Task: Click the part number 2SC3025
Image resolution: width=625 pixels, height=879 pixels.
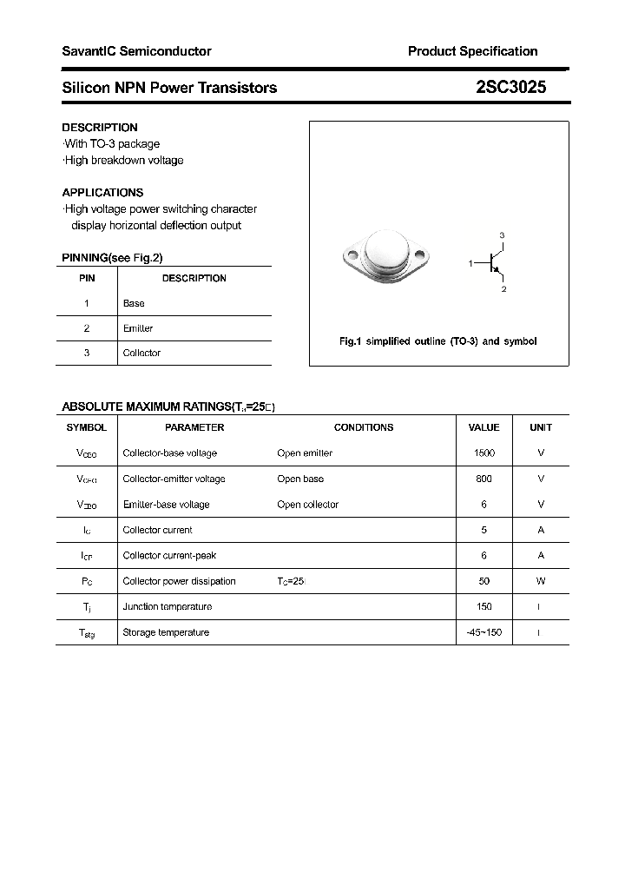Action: [x=510, y=87]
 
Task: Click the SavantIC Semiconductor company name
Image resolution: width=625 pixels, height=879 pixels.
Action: [x=136, y=51]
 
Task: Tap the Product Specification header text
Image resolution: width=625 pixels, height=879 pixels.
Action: [x=472, y=51]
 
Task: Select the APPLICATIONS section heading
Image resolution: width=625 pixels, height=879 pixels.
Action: [x=102, y=193]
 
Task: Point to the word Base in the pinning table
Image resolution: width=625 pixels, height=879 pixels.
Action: [x=134, y=303]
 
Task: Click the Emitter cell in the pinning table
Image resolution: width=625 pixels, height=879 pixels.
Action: [x=138, y=328]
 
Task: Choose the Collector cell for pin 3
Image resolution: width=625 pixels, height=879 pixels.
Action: [x=141, y=353]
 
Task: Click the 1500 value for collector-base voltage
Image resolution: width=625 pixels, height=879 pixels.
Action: [x=484, y=453]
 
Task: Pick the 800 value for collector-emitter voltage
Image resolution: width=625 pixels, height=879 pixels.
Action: [x=484, y=479]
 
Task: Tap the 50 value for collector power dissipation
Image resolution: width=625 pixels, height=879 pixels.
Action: [x=484, y=581]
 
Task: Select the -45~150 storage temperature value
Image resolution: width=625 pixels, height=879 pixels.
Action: [x=484, y=632]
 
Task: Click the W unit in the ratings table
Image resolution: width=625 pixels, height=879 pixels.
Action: [x=541, y=581]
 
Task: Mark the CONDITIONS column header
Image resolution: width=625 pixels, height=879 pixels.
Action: [x=364, y=427]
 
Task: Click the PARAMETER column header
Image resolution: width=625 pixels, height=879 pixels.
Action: [x=194, y=427]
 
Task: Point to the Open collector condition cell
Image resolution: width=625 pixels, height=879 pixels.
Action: [x=307, y=505]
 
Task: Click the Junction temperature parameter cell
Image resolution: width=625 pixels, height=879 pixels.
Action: [x=168, y=607]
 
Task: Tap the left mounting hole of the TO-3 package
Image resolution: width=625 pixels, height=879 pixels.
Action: [x=352, y=256]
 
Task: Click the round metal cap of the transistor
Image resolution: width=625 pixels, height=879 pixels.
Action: [x=385, y=251]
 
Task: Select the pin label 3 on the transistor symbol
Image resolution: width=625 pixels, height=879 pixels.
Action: [x=502, y=236]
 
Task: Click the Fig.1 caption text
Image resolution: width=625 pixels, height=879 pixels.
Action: [x=437, y=341]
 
